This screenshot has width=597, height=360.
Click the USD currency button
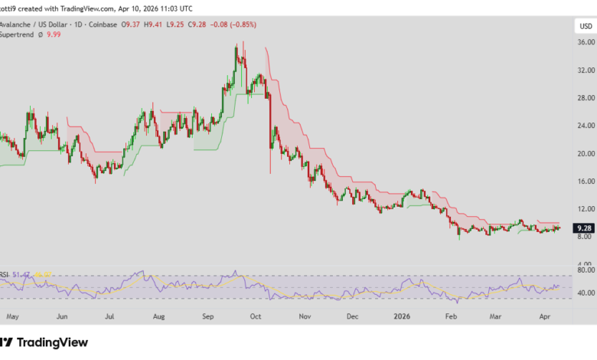coord(585,26)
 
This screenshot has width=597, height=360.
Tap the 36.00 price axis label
coord(585,43)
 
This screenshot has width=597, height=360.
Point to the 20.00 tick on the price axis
coord(585,153)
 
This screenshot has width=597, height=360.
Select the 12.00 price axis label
coord(585,208)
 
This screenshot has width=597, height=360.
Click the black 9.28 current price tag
coord(585,227)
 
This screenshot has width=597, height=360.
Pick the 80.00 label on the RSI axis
coord(585,270)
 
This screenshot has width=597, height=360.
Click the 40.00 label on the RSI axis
coord(585,293)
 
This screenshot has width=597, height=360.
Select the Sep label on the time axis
coord(207,315)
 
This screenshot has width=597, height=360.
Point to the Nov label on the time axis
coord(305,315)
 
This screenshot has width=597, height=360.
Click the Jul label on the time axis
coord(110,315)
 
